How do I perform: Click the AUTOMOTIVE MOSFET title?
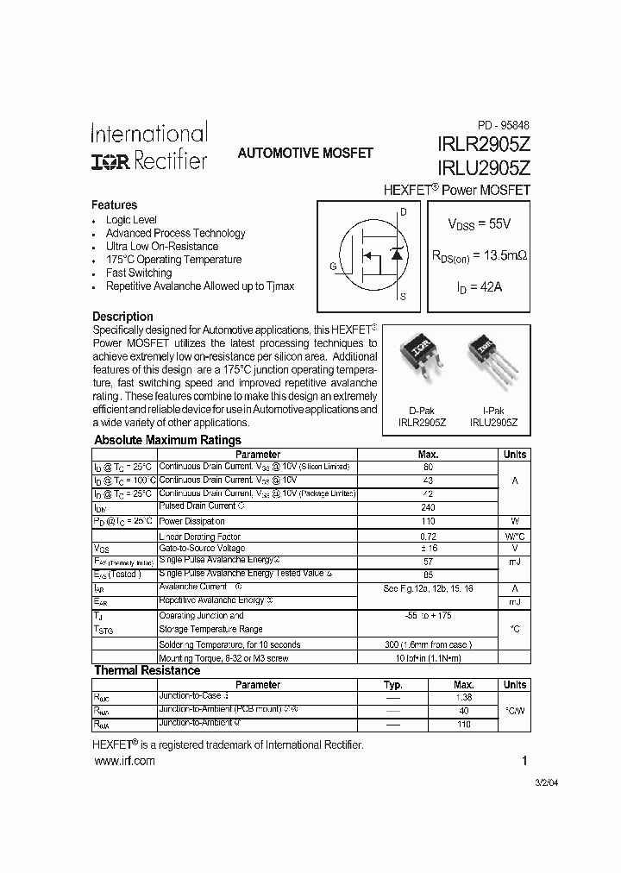click(x=305, y=153)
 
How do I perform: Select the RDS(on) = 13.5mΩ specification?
click(x=479, y=255)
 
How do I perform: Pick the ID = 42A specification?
click(x=479, y=287)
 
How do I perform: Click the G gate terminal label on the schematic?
click(x=333, y=267)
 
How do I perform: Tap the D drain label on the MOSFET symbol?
click(x=403, y=211)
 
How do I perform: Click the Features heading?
click(x=114, y=205)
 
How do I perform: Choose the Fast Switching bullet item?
click(x=138, y=273)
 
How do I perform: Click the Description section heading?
click(x=122, y=317)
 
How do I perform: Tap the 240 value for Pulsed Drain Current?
click(x=428, y=507)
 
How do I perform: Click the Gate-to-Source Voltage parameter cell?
click(x=202, y=549)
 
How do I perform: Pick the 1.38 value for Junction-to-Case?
click(x=464, y=697)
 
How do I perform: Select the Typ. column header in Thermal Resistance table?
click(x=393, y=685)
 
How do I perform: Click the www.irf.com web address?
click(x=123, y=760)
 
